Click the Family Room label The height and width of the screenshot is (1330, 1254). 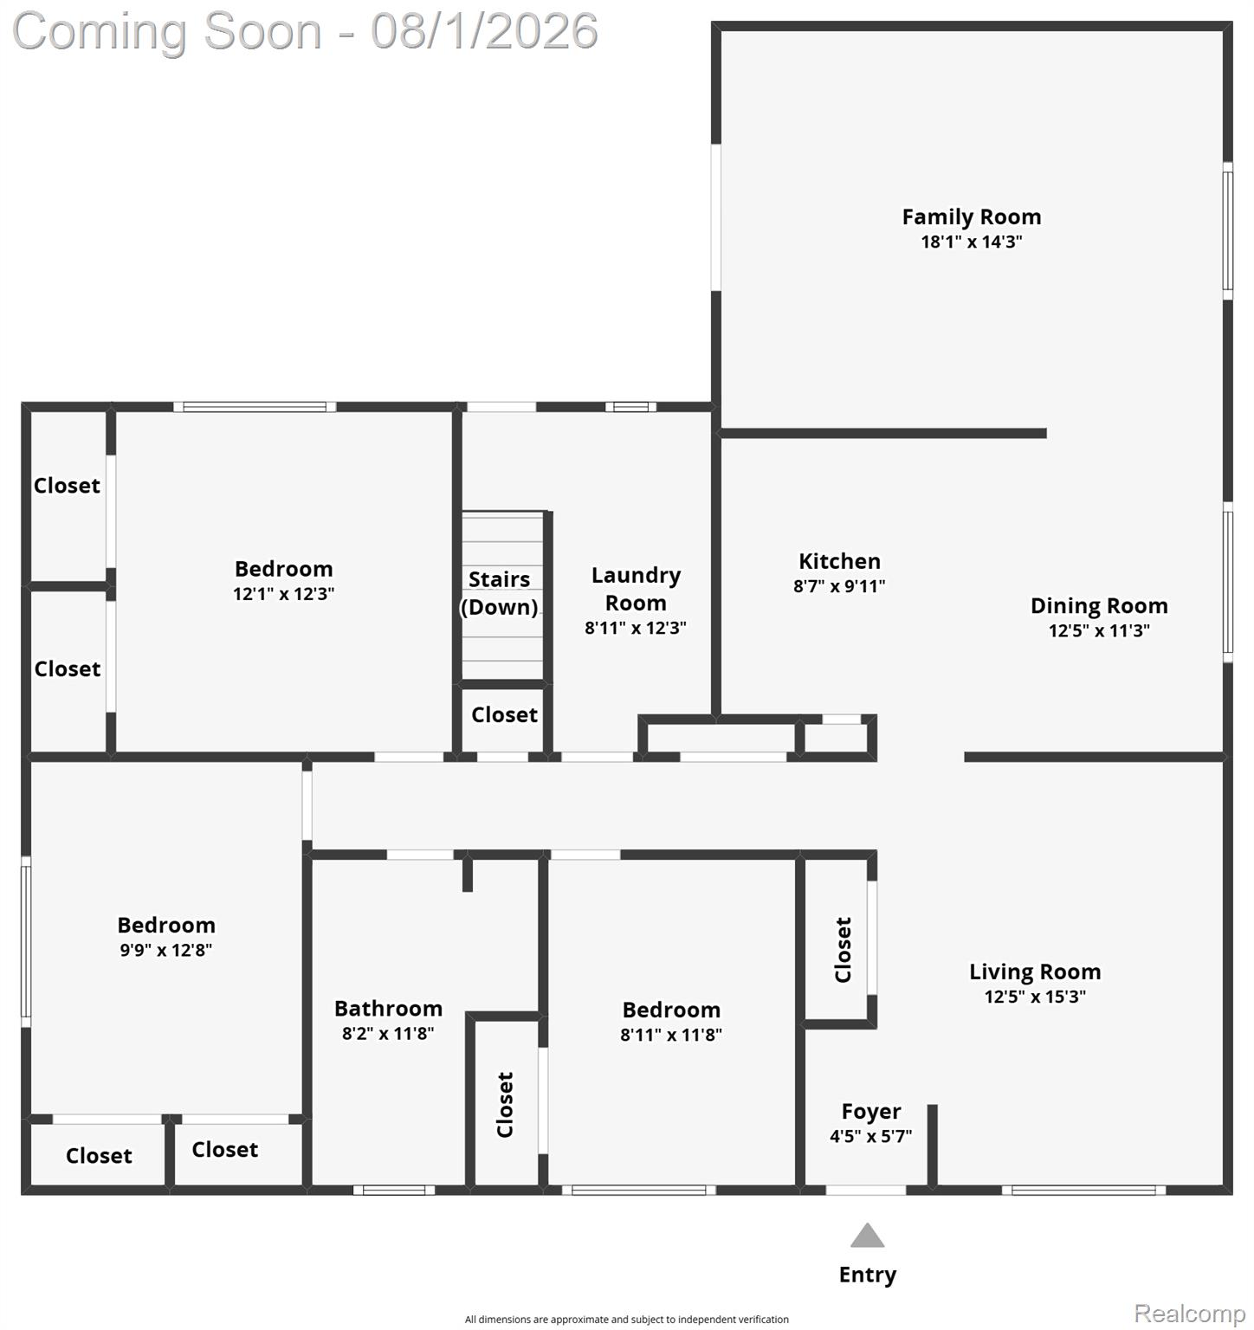click(972, 216)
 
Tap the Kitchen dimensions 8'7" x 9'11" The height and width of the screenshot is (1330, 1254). click(839, 586)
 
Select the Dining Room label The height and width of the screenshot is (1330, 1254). click(1099, 606)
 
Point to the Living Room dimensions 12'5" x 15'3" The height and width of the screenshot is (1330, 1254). click(1035, 997)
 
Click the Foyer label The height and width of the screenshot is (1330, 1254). click(871, 1111)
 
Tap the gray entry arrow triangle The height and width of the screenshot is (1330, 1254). click(867, 1236)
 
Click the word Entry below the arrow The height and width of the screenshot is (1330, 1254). click(868, 1275)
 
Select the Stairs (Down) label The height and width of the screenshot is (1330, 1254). click(499, 593)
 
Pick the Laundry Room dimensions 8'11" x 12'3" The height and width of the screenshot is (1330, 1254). click(636, 628)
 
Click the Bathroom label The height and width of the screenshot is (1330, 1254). click(388, 1009)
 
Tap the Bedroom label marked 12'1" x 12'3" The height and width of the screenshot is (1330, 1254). click(284, 569)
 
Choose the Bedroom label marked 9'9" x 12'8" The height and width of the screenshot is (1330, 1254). click(166, 925)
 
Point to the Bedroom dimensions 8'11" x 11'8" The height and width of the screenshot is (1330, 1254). click(671, 1035)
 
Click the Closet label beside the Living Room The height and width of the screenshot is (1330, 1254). click(843, 950)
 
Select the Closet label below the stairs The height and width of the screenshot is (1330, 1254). click(504, 714)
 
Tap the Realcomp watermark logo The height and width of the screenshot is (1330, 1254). click(1190, 1314)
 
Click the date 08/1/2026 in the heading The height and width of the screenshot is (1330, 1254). click(484, 31)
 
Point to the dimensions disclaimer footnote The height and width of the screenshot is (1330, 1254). click(627, 1320)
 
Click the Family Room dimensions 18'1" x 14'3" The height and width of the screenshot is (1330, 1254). click(972, 242)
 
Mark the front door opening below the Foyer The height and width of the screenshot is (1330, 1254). click(866, 1191)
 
